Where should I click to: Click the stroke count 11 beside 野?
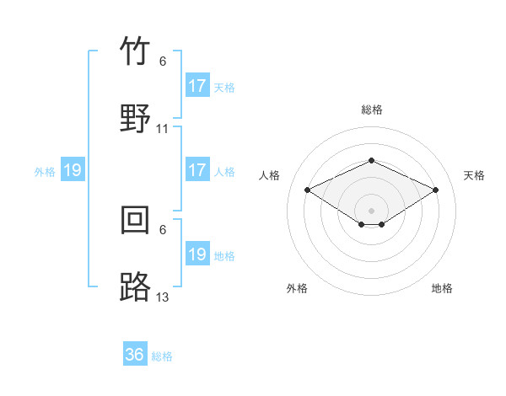(163, 129)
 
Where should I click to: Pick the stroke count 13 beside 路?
(163, 297)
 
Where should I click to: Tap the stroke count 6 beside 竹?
(163, 62)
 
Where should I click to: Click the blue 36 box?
(135, 355)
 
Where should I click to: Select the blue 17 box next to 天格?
(197, 86)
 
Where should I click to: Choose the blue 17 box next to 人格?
(197, 170)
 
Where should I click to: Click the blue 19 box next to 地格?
(197, 254)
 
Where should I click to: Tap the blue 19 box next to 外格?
(73, 171)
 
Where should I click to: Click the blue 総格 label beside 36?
(162, 356)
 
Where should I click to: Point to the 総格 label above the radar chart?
(371, 110)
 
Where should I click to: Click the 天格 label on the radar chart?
(474, 175)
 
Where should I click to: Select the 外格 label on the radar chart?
(297, 288)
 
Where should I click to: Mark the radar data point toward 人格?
(308, 190)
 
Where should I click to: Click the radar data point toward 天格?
(435, 190)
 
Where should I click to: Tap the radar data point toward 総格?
(371, 160)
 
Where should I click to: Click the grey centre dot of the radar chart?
(371, 210)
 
